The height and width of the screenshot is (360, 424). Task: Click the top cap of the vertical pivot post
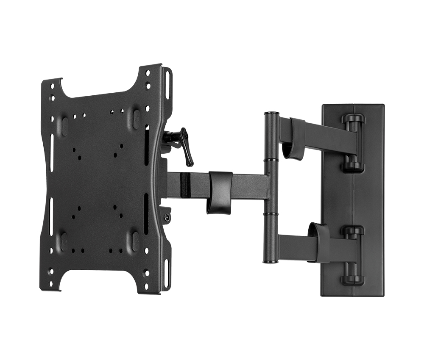[x=271, y=114]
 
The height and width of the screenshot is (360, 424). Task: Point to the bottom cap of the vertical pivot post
[x=271, y=261]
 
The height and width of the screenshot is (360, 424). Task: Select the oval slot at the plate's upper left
[x=64, y=126]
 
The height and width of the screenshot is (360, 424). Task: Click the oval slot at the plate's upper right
[x=137, y=119]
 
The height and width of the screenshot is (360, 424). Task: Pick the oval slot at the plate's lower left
[x=64, y=241]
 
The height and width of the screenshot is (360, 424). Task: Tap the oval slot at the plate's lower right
[x=136, y=241]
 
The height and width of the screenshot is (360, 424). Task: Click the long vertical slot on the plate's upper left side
[x=51, y=153]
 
